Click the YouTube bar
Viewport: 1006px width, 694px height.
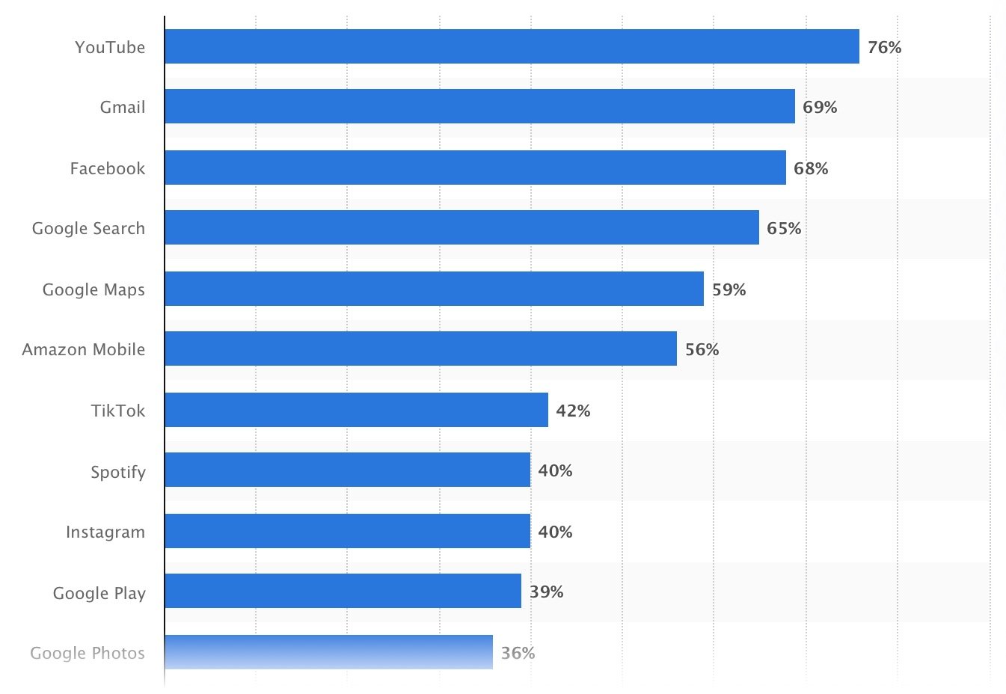(x=512, y=46)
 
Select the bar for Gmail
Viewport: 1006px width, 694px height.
(x=479, y=106)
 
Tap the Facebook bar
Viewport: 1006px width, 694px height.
(x=475, y=168)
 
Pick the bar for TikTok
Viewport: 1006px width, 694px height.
(x=356, y=410)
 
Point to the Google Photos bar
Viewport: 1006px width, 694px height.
(x=328, y=652)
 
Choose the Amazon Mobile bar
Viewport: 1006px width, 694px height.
(x=420, y=348)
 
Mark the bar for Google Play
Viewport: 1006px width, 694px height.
(x=343, y=591)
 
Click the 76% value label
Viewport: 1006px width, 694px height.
(x=884, y=47)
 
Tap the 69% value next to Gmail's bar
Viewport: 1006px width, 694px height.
(x=820, y=107)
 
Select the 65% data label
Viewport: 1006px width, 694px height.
(x=784, y=228)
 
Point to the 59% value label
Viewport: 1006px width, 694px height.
(x=729, y=289)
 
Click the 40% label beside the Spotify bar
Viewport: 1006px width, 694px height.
(x=555, y=470)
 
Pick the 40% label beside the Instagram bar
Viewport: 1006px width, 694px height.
(x=555, y=532)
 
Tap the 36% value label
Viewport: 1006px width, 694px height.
(x=518, y=653)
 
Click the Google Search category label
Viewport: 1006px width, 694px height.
(x=88, y=229)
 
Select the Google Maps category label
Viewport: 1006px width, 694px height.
(x=93, y=290)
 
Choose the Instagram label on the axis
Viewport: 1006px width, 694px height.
(x=105, y=532)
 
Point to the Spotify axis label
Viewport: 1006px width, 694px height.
(x=118, y=473)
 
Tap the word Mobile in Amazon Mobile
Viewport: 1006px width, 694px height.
(x=114, y=349)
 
